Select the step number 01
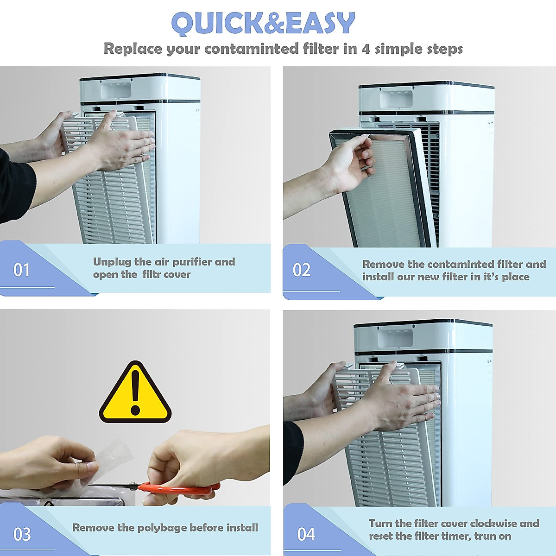22,270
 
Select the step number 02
302,270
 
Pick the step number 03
22,534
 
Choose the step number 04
306,534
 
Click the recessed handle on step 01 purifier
116,89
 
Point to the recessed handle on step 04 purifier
395,337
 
